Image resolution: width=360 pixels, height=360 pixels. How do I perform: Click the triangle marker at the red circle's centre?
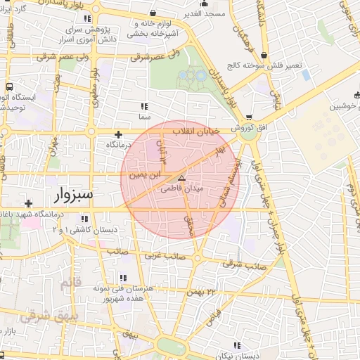pos(181,179)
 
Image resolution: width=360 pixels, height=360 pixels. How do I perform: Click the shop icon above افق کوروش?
pos(249,117)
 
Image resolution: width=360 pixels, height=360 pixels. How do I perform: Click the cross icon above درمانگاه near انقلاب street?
pos(118,134)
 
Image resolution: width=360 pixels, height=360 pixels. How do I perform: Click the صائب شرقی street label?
pos(241,264)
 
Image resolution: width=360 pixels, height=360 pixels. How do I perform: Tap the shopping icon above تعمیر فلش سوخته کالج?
pos(264,54)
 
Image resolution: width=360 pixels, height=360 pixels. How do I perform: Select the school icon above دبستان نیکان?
pos(237,345)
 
